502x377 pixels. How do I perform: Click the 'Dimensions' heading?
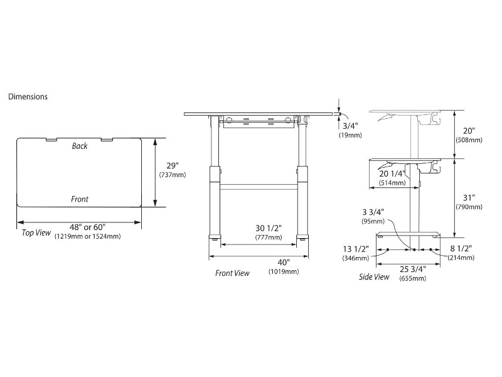pos(28,97)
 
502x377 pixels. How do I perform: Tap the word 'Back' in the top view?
pos(80,146)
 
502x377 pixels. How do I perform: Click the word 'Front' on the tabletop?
pos(80,199)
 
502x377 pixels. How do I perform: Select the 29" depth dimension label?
pos(172,166)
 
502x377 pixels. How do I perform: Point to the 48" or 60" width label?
pos(79,227)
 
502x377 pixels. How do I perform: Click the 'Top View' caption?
pos(36,232)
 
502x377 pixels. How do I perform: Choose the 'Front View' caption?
pos(232,273)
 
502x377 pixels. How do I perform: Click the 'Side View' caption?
pos(373,276)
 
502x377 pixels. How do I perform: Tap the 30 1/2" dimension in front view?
pos(267,228)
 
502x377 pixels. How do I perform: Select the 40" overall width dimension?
pos(284,262)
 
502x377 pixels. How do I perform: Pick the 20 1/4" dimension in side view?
pos(393,174)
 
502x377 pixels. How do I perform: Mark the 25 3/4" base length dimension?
pos(412,269)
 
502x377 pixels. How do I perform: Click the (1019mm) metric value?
pos(284,271)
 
